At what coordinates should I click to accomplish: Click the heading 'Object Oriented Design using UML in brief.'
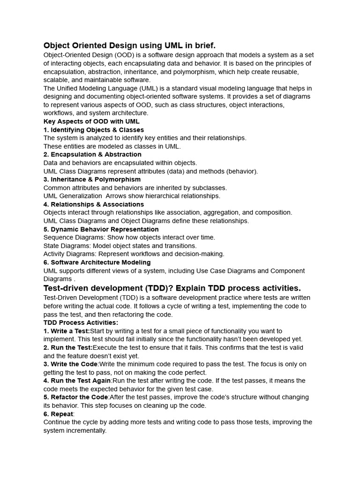tap(129, 45)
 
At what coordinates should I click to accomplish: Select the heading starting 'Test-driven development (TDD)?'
tap(172, 287)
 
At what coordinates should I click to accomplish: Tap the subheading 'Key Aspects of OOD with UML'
tap(91, 121)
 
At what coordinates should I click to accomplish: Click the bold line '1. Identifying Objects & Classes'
tap(94, 130)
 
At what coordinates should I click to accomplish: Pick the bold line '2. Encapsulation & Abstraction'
tap(92, 154)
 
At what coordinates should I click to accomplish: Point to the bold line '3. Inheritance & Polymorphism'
tap(92, 179)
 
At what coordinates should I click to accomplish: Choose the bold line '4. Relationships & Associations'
tap(94, 204)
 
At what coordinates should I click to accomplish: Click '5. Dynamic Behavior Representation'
tap(101, 229)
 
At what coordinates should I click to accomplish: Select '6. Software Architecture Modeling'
tap(97, 262)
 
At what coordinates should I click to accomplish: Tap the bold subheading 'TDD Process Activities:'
tap(81, 322)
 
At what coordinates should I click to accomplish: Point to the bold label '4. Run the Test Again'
tap(77, 381)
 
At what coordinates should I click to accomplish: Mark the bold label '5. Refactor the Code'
tap(76, 397)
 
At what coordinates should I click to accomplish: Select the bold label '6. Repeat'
tap(59, 414)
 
